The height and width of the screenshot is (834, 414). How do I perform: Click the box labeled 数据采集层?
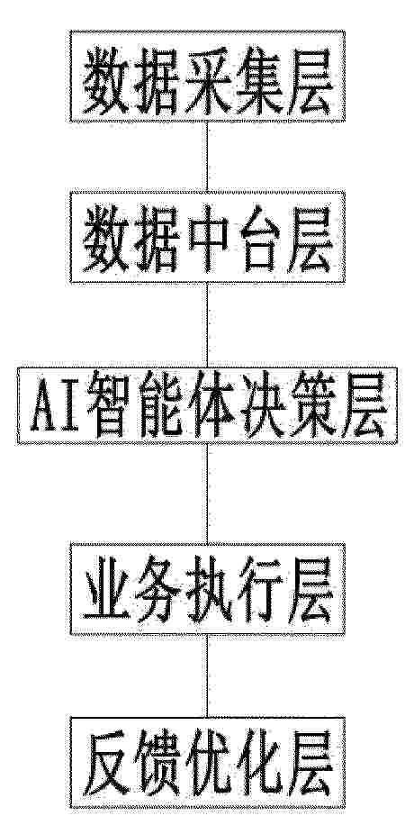[207, 76]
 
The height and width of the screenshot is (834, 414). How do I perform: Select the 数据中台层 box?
[207, 236]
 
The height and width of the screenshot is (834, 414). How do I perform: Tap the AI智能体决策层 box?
[207, 405]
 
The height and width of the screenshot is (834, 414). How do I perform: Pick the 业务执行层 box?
[207, 589]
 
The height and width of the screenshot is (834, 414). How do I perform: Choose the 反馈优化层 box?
[207, 763]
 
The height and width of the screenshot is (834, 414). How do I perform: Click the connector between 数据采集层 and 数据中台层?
[207, 157]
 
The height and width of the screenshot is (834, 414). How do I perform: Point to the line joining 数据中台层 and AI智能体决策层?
[207, 325]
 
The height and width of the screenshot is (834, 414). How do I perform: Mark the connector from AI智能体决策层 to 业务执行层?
[207, 494]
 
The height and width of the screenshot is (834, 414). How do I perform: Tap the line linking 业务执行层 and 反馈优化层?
[207, 676]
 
